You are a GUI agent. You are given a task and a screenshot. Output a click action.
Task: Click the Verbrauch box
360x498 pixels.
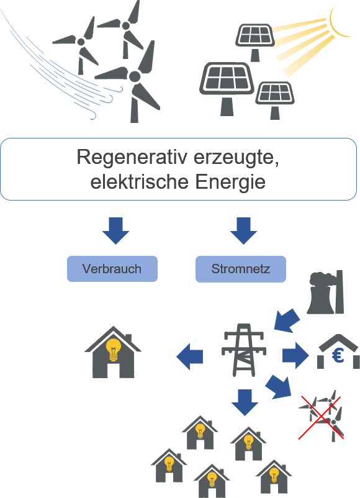point(112,269)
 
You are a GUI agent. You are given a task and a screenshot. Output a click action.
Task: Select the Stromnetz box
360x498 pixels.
point(241,269)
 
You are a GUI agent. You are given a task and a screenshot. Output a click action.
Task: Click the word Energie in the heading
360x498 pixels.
point(230,182)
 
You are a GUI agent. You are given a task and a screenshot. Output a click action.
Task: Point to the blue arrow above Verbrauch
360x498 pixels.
point(115,231)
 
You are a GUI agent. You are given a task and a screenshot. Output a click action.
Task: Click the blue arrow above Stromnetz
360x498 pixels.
point(243,231)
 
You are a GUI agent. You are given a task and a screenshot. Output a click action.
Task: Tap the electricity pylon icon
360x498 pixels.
point(243,350)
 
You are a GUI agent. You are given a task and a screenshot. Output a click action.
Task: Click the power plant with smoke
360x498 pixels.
point(325,292)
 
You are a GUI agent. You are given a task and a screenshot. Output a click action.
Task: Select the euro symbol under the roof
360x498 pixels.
point(338,356)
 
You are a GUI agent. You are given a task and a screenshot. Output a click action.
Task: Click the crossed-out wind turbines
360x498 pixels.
point(322,417)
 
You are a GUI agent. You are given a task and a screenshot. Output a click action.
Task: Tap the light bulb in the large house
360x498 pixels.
point(113,350)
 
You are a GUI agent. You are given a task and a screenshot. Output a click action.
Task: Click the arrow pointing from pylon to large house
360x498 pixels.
point(189,356)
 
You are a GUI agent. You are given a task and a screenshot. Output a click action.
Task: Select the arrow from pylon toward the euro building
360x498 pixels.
point(295,355)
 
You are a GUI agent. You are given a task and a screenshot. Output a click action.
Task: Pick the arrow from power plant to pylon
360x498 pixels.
point(286,321)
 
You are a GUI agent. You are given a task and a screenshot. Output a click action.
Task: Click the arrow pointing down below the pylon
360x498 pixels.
point(245,403)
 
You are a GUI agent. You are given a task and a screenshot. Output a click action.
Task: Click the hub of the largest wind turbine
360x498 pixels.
point(135,76)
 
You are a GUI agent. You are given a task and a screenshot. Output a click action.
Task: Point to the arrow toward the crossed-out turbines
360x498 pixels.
point(279,387)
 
